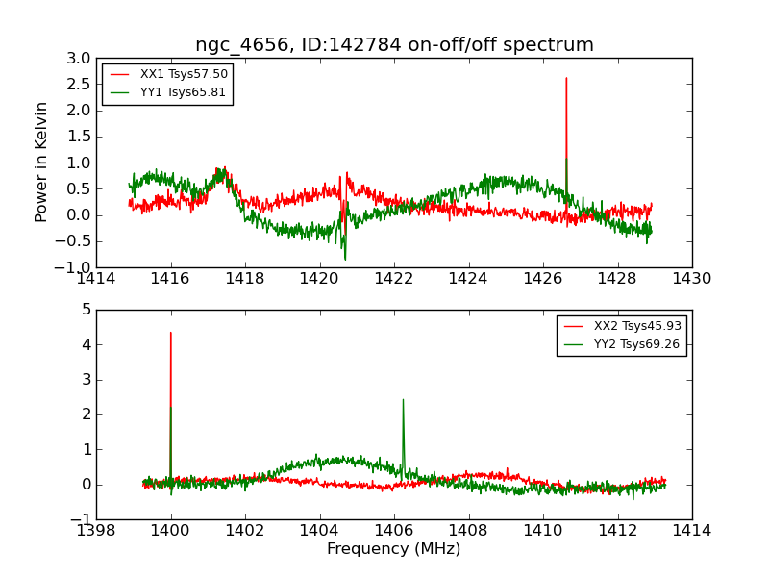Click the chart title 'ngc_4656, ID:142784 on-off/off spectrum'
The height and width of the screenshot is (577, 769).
click(394, 45)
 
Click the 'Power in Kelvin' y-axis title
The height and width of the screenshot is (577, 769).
click(42, 162)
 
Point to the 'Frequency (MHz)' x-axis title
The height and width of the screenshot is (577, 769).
click(394, 549)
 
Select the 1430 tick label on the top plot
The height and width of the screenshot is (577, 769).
click(691, 279)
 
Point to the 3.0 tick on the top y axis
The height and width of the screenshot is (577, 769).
click(79, 59)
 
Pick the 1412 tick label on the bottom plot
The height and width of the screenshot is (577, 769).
click(617, 531)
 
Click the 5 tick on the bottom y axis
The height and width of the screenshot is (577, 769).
click(86, 310)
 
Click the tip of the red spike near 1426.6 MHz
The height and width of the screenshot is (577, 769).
click(566, 78)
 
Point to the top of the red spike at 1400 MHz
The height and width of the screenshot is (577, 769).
click(171, 333)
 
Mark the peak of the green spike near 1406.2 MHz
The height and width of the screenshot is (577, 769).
click(403, 400)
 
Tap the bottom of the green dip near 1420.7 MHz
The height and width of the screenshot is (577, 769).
click(345, 259)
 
